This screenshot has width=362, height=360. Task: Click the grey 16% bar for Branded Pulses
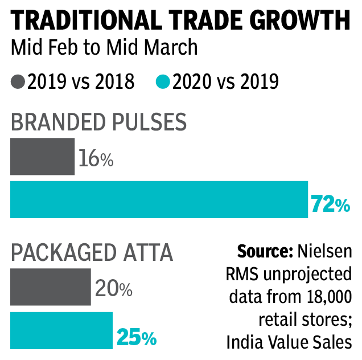(42, 156)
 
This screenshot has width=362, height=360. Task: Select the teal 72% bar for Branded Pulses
(159, 199)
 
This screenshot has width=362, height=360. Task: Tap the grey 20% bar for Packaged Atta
(50, 287)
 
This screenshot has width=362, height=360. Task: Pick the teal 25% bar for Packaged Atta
(61, 330)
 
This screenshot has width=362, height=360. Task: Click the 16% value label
(96, 159)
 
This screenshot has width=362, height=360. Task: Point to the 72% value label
(330, 204)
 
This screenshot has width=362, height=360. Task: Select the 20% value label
(113, 289)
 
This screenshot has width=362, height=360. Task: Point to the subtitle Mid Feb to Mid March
(104, 47)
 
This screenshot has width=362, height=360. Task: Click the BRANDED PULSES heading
(98, 122)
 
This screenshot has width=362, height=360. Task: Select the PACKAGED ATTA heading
(92, 252)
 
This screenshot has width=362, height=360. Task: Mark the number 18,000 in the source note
(326, 297)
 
